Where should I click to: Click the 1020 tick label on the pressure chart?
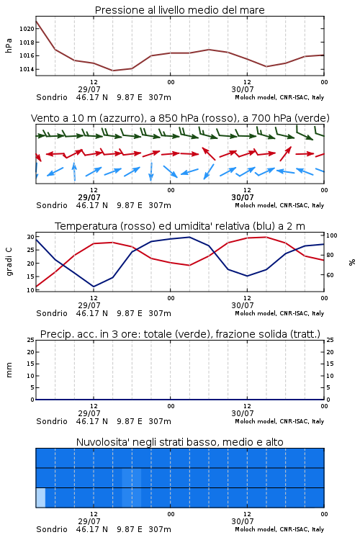tap(27, 29)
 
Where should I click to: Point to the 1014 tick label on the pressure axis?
tap(27, 70)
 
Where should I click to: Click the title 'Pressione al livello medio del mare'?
tap(180, 10)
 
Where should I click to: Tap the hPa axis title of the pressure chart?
tap(9, 45)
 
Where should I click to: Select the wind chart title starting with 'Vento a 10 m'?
tap(180, 118)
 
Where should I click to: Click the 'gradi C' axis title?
tap(9, 262)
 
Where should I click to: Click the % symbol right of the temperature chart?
tap(352, 262)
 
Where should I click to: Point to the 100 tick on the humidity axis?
tap(332, 235)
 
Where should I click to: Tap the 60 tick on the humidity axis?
tap(330, 275)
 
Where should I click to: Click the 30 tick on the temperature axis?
tap(31, 237)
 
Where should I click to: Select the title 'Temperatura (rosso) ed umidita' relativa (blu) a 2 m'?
tap(180, 226)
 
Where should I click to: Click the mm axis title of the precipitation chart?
tap(9, 370)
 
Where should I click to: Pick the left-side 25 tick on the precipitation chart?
tap(31, 340)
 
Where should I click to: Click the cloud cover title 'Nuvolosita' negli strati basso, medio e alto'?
tap(180, 442)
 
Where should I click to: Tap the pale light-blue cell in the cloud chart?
tap(40, 498)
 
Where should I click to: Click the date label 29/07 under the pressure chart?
tap(89, 89)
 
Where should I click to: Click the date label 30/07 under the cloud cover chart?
tap(243, 521)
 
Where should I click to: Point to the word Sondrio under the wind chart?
tap(52, 205)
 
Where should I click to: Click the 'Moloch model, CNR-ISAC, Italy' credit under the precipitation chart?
tap(279, 421)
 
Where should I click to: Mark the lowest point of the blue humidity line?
tap(94, 287)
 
